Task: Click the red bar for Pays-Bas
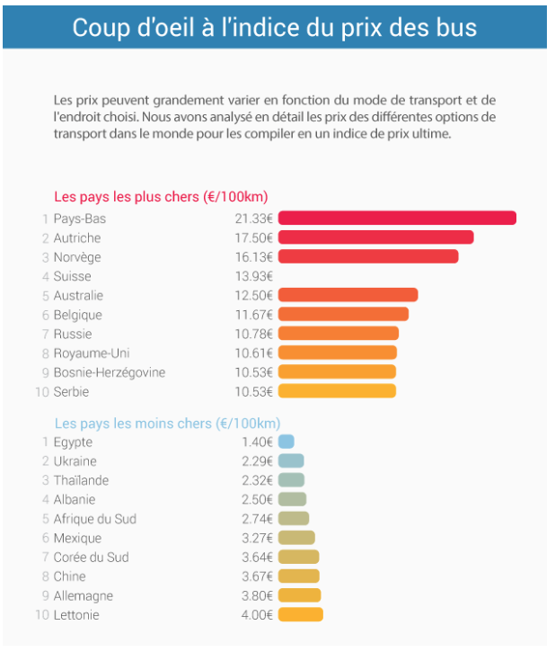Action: tap(397, 219)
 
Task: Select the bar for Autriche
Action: tap(375, 237)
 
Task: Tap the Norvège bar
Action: tap(368, 257)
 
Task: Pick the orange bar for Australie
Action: tap(348, 295)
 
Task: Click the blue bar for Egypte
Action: tap(286, 442)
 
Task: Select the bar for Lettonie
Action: tap(300, 615)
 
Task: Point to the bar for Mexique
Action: tap(296, 538)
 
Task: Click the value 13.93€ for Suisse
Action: tap(253, 276)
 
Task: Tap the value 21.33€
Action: tap(253, 219)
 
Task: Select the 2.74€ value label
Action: tap(257, 519)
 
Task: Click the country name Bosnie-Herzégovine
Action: tap(110, 372)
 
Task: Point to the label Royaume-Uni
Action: tap(92, 353)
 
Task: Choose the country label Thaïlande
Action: tap(81, 480)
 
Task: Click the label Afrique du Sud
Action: tap(95, 519)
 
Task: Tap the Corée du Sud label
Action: tap(91, 558)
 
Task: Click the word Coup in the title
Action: tap(101, 27)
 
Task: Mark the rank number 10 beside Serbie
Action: tap(41, 392)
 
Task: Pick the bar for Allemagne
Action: tap(299, 595)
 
